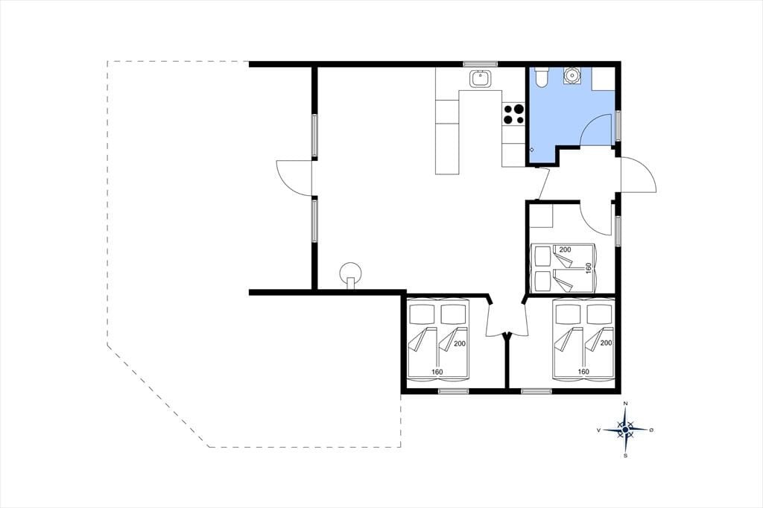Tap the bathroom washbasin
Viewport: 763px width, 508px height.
click(571, 76)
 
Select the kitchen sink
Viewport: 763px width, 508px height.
click(481, 78)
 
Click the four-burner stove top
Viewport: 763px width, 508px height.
click(513, 115)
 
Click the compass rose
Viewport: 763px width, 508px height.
click(625, 430)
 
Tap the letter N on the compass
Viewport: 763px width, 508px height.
click(626, 404)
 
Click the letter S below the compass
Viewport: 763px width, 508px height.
click(625, 456)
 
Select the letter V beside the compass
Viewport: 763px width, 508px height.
click(598, 430)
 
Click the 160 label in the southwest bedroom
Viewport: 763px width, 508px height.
click(437, 372)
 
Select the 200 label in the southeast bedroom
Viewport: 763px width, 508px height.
click(606, 343)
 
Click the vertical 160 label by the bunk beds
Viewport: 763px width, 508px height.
click(588, 269)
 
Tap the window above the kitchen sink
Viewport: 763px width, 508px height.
click(481, 63)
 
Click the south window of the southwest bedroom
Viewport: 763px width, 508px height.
click(453, 391)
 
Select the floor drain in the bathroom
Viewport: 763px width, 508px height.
click(532, 150)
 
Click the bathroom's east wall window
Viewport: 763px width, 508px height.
click(618, 126)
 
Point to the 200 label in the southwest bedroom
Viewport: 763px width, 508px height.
click(460, 343)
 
